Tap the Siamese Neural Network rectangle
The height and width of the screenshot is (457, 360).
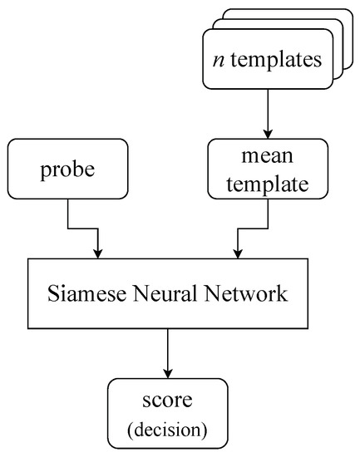click(x=169, y=294)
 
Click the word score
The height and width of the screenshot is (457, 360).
click(x=169, y=400)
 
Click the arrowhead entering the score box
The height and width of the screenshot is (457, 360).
click(x=169, y=371)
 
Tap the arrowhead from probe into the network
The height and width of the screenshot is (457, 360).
click(x=99, y=253)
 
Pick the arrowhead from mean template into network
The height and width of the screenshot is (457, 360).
click(x=239, y=253)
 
